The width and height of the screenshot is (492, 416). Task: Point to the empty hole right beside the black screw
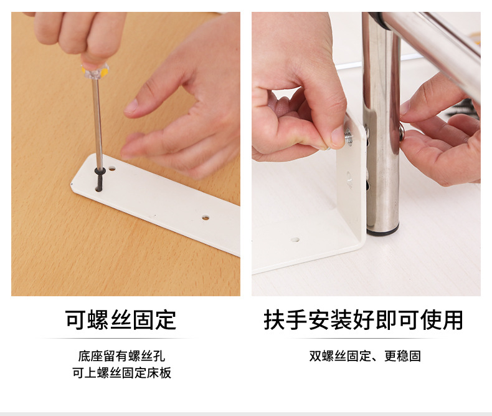point(112,168)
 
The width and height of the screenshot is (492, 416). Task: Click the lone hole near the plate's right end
point(205,218)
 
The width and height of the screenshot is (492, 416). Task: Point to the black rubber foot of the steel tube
point(382,231)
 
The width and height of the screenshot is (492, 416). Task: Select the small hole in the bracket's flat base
point(295,239)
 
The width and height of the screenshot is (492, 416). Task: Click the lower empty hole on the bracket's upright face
point(349,183)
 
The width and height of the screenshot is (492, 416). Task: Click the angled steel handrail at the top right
point(436,44)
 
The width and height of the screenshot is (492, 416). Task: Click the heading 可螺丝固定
point(121,319)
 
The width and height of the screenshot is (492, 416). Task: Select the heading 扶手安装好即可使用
point(364,319)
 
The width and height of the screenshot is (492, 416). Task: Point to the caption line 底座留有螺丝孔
point(121,356)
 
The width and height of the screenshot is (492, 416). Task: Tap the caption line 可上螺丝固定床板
point(121,373)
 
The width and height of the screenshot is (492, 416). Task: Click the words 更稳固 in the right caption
point(402,356)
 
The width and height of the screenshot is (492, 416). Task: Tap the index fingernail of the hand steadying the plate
point(131,107)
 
